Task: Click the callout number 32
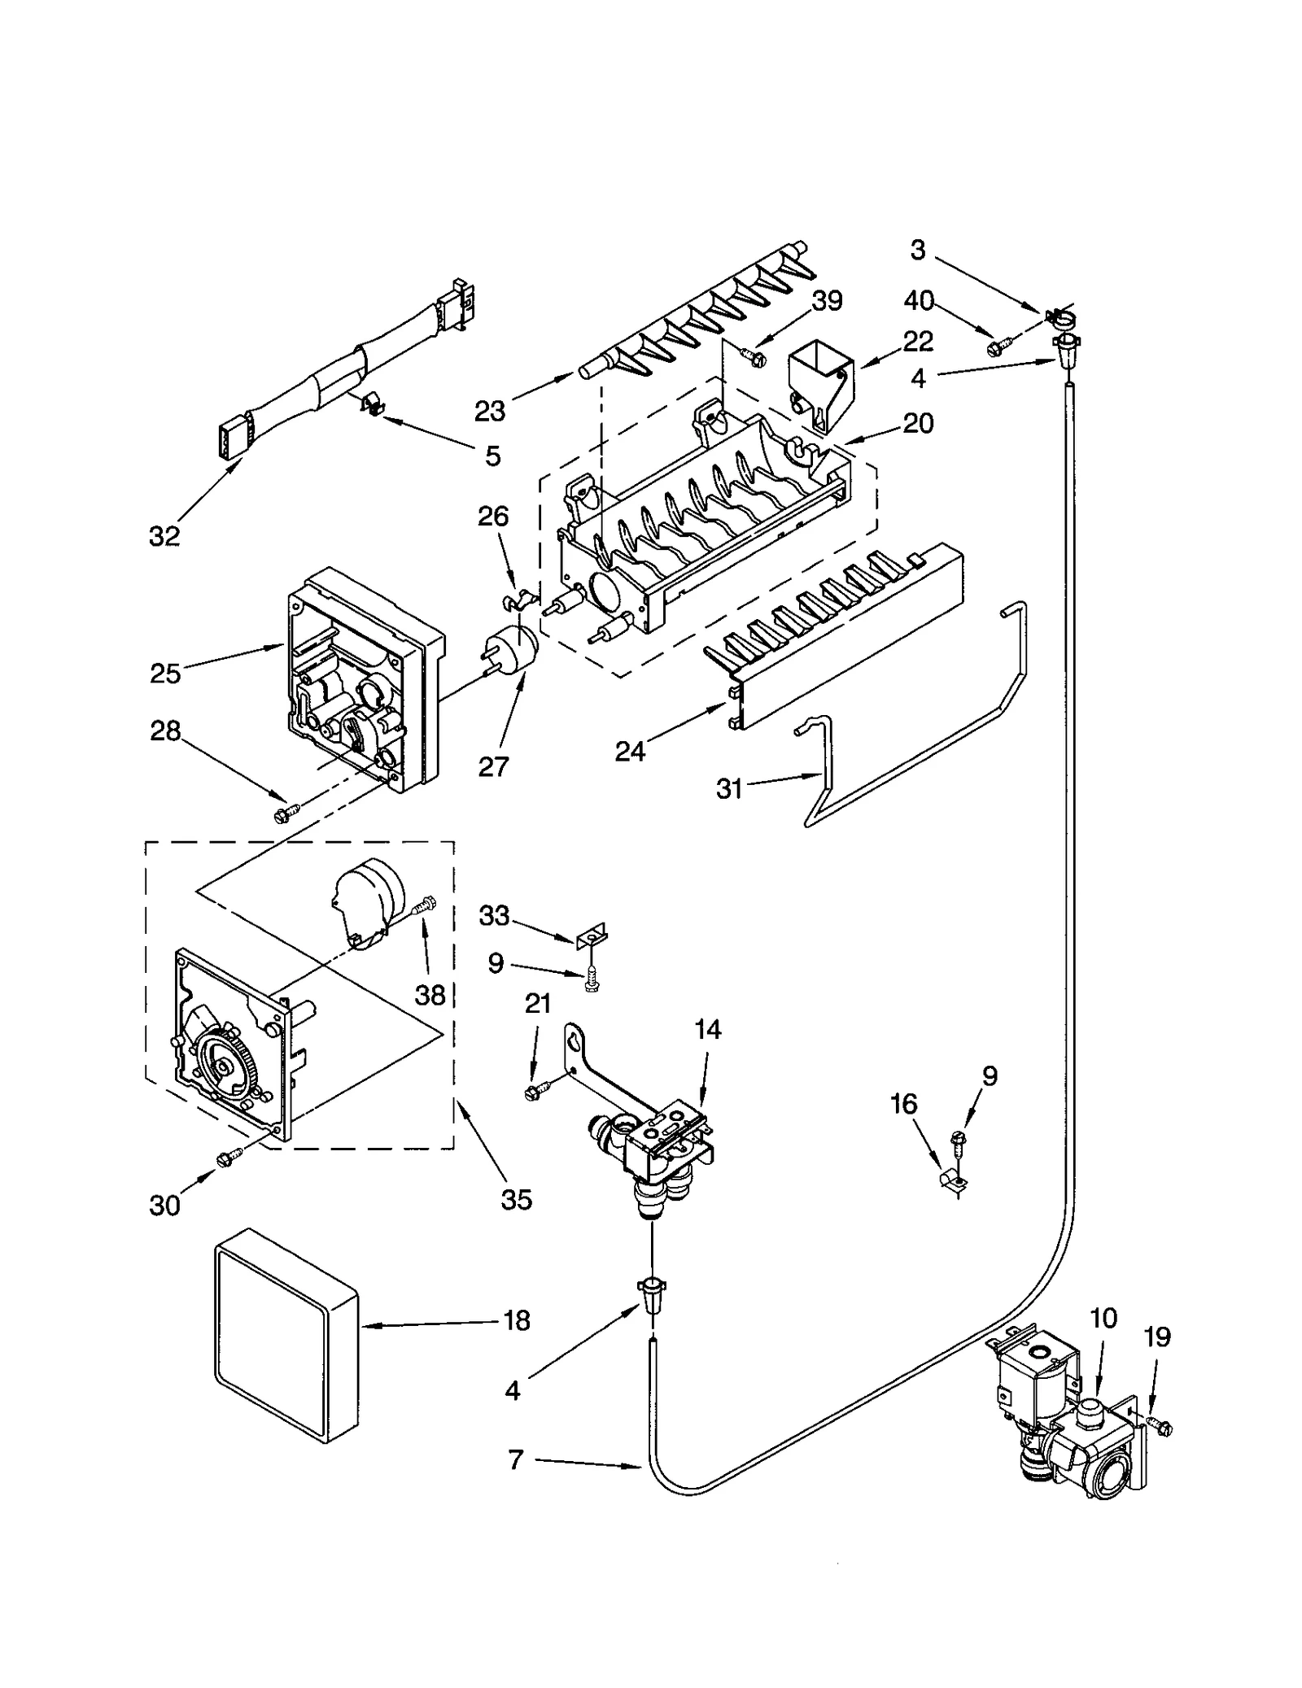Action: tap(164, 536)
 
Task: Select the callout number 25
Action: tap(164, 674)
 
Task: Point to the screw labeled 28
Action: tap(287, 810)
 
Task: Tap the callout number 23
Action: tap(489, 412)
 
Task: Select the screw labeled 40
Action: tap(996, 347)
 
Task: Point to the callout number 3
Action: tap(917, 250)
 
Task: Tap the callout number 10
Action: tap(1103, 1318)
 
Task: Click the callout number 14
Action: tap(707, 1030)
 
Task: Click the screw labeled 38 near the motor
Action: tap(425, 905)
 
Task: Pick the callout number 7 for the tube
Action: tap(515, 1460)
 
